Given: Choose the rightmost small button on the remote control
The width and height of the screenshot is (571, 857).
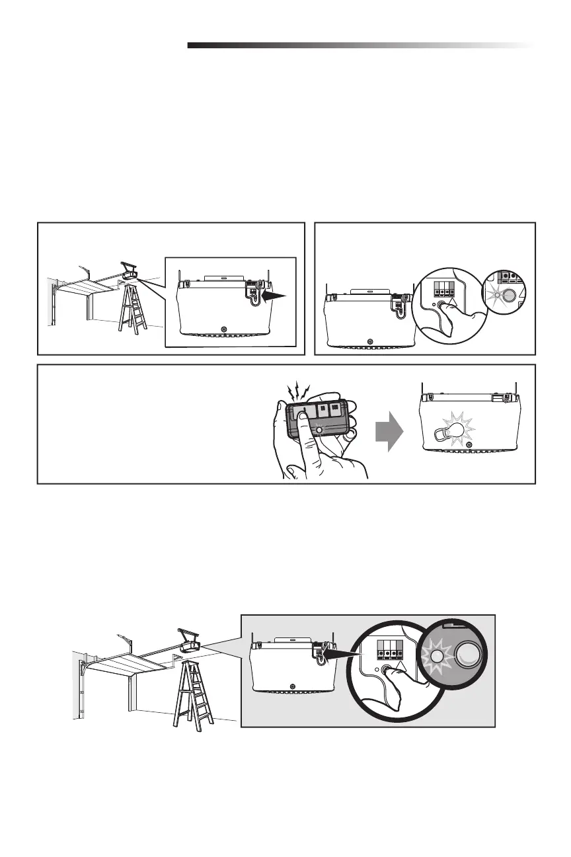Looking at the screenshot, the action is (x=336, y=409).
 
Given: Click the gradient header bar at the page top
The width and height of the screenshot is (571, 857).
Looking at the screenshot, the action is (x=360, y=46).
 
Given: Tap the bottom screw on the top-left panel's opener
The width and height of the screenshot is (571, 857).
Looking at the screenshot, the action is (x=224, y=330).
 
